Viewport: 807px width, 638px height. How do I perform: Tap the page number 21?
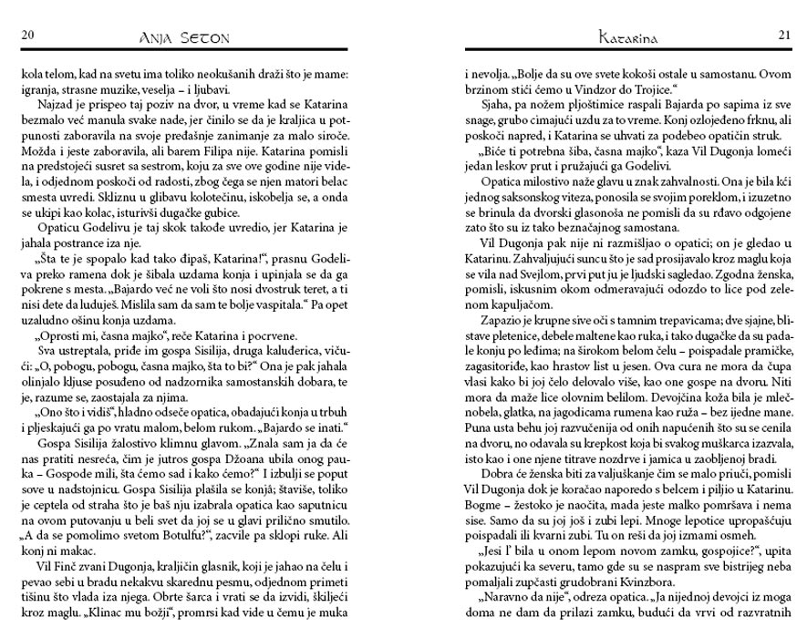(783, 36)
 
